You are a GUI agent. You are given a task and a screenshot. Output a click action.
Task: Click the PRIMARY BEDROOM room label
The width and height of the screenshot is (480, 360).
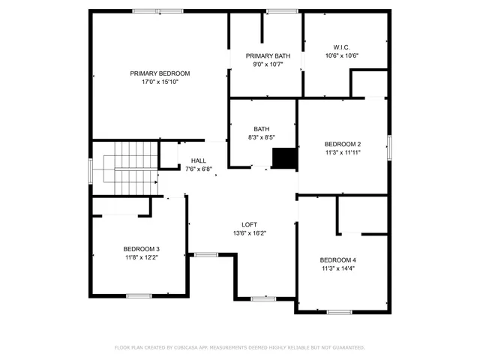(160, 73)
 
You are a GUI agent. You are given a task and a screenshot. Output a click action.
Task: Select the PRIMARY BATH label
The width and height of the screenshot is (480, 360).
(268, 55)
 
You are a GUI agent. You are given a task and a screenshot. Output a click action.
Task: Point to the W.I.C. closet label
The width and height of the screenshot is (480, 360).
(342, 47)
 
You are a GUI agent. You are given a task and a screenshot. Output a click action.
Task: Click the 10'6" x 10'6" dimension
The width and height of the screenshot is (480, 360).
(342, 55)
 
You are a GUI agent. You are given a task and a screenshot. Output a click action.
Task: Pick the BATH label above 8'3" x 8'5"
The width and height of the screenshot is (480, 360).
(261, 129)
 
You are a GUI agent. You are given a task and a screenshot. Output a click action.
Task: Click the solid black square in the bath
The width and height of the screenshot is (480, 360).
(284, 159)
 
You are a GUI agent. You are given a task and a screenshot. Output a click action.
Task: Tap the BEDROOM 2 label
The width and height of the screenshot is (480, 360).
(343, 144)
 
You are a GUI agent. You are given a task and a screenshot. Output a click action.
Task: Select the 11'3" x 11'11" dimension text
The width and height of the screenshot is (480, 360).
(343, 152)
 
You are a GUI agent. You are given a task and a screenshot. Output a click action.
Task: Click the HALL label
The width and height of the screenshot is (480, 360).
(199, 160)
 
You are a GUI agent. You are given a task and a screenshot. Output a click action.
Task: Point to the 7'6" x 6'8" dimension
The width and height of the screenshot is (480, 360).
(199, 169)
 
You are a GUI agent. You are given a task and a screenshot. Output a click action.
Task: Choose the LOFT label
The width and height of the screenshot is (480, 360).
(250, 224)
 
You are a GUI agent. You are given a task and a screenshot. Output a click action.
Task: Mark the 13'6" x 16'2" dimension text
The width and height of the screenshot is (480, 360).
(250, 232)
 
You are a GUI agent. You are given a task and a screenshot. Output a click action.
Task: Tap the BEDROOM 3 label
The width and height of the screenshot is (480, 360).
(142, 249)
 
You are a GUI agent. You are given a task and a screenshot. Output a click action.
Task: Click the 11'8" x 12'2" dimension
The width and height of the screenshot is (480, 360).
(142, 257)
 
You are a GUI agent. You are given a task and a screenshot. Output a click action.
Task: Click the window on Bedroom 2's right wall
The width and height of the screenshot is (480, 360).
(389, 147)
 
